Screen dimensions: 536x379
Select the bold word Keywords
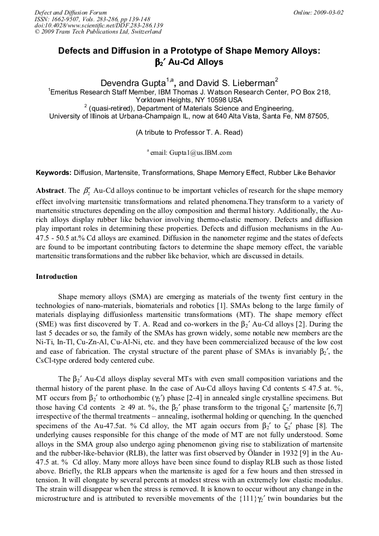(x=54, y=173)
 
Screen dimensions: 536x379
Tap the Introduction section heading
(x=56, y=277)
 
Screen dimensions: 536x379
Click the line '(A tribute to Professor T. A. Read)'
(x=189, y=133)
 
